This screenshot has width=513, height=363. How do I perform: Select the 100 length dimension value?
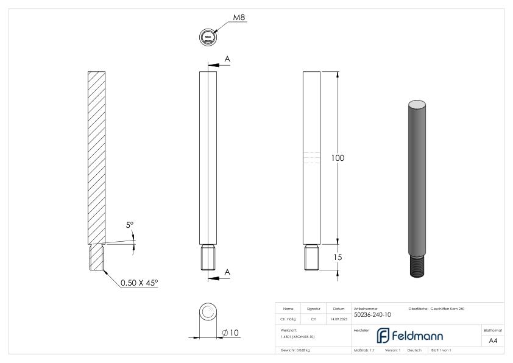point(338,158)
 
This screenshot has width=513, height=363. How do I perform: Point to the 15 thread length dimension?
point(337,257)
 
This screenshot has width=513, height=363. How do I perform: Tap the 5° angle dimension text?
point(130,225)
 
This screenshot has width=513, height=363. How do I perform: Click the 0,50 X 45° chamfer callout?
point(138,283)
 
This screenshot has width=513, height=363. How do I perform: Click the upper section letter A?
point(227,59)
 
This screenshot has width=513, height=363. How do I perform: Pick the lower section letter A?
point(227,272)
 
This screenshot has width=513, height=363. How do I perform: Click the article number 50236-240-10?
point(372,314)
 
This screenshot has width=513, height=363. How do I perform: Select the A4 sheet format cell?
point(494,341)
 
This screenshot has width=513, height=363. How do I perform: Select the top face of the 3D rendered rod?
point(417,104)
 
